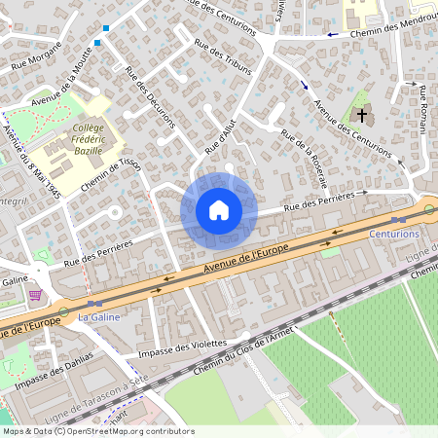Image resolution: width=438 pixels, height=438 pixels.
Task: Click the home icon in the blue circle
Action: (x=218, y=209)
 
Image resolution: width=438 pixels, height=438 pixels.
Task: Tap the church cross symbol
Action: (x=361, y=116)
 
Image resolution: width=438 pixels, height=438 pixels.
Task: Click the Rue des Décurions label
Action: (x=150, y=96)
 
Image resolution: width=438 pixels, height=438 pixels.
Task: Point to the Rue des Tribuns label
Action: (x=223, y=56)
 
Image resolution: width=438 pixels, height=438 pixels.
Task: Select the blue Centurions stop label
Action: (x=393, y=235)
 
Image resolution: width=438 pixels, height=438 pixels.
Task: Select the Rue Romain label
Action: (x=424, y=108)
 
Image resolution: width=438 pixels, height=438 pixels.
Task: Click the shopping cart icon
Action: (x=36, y=295)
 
